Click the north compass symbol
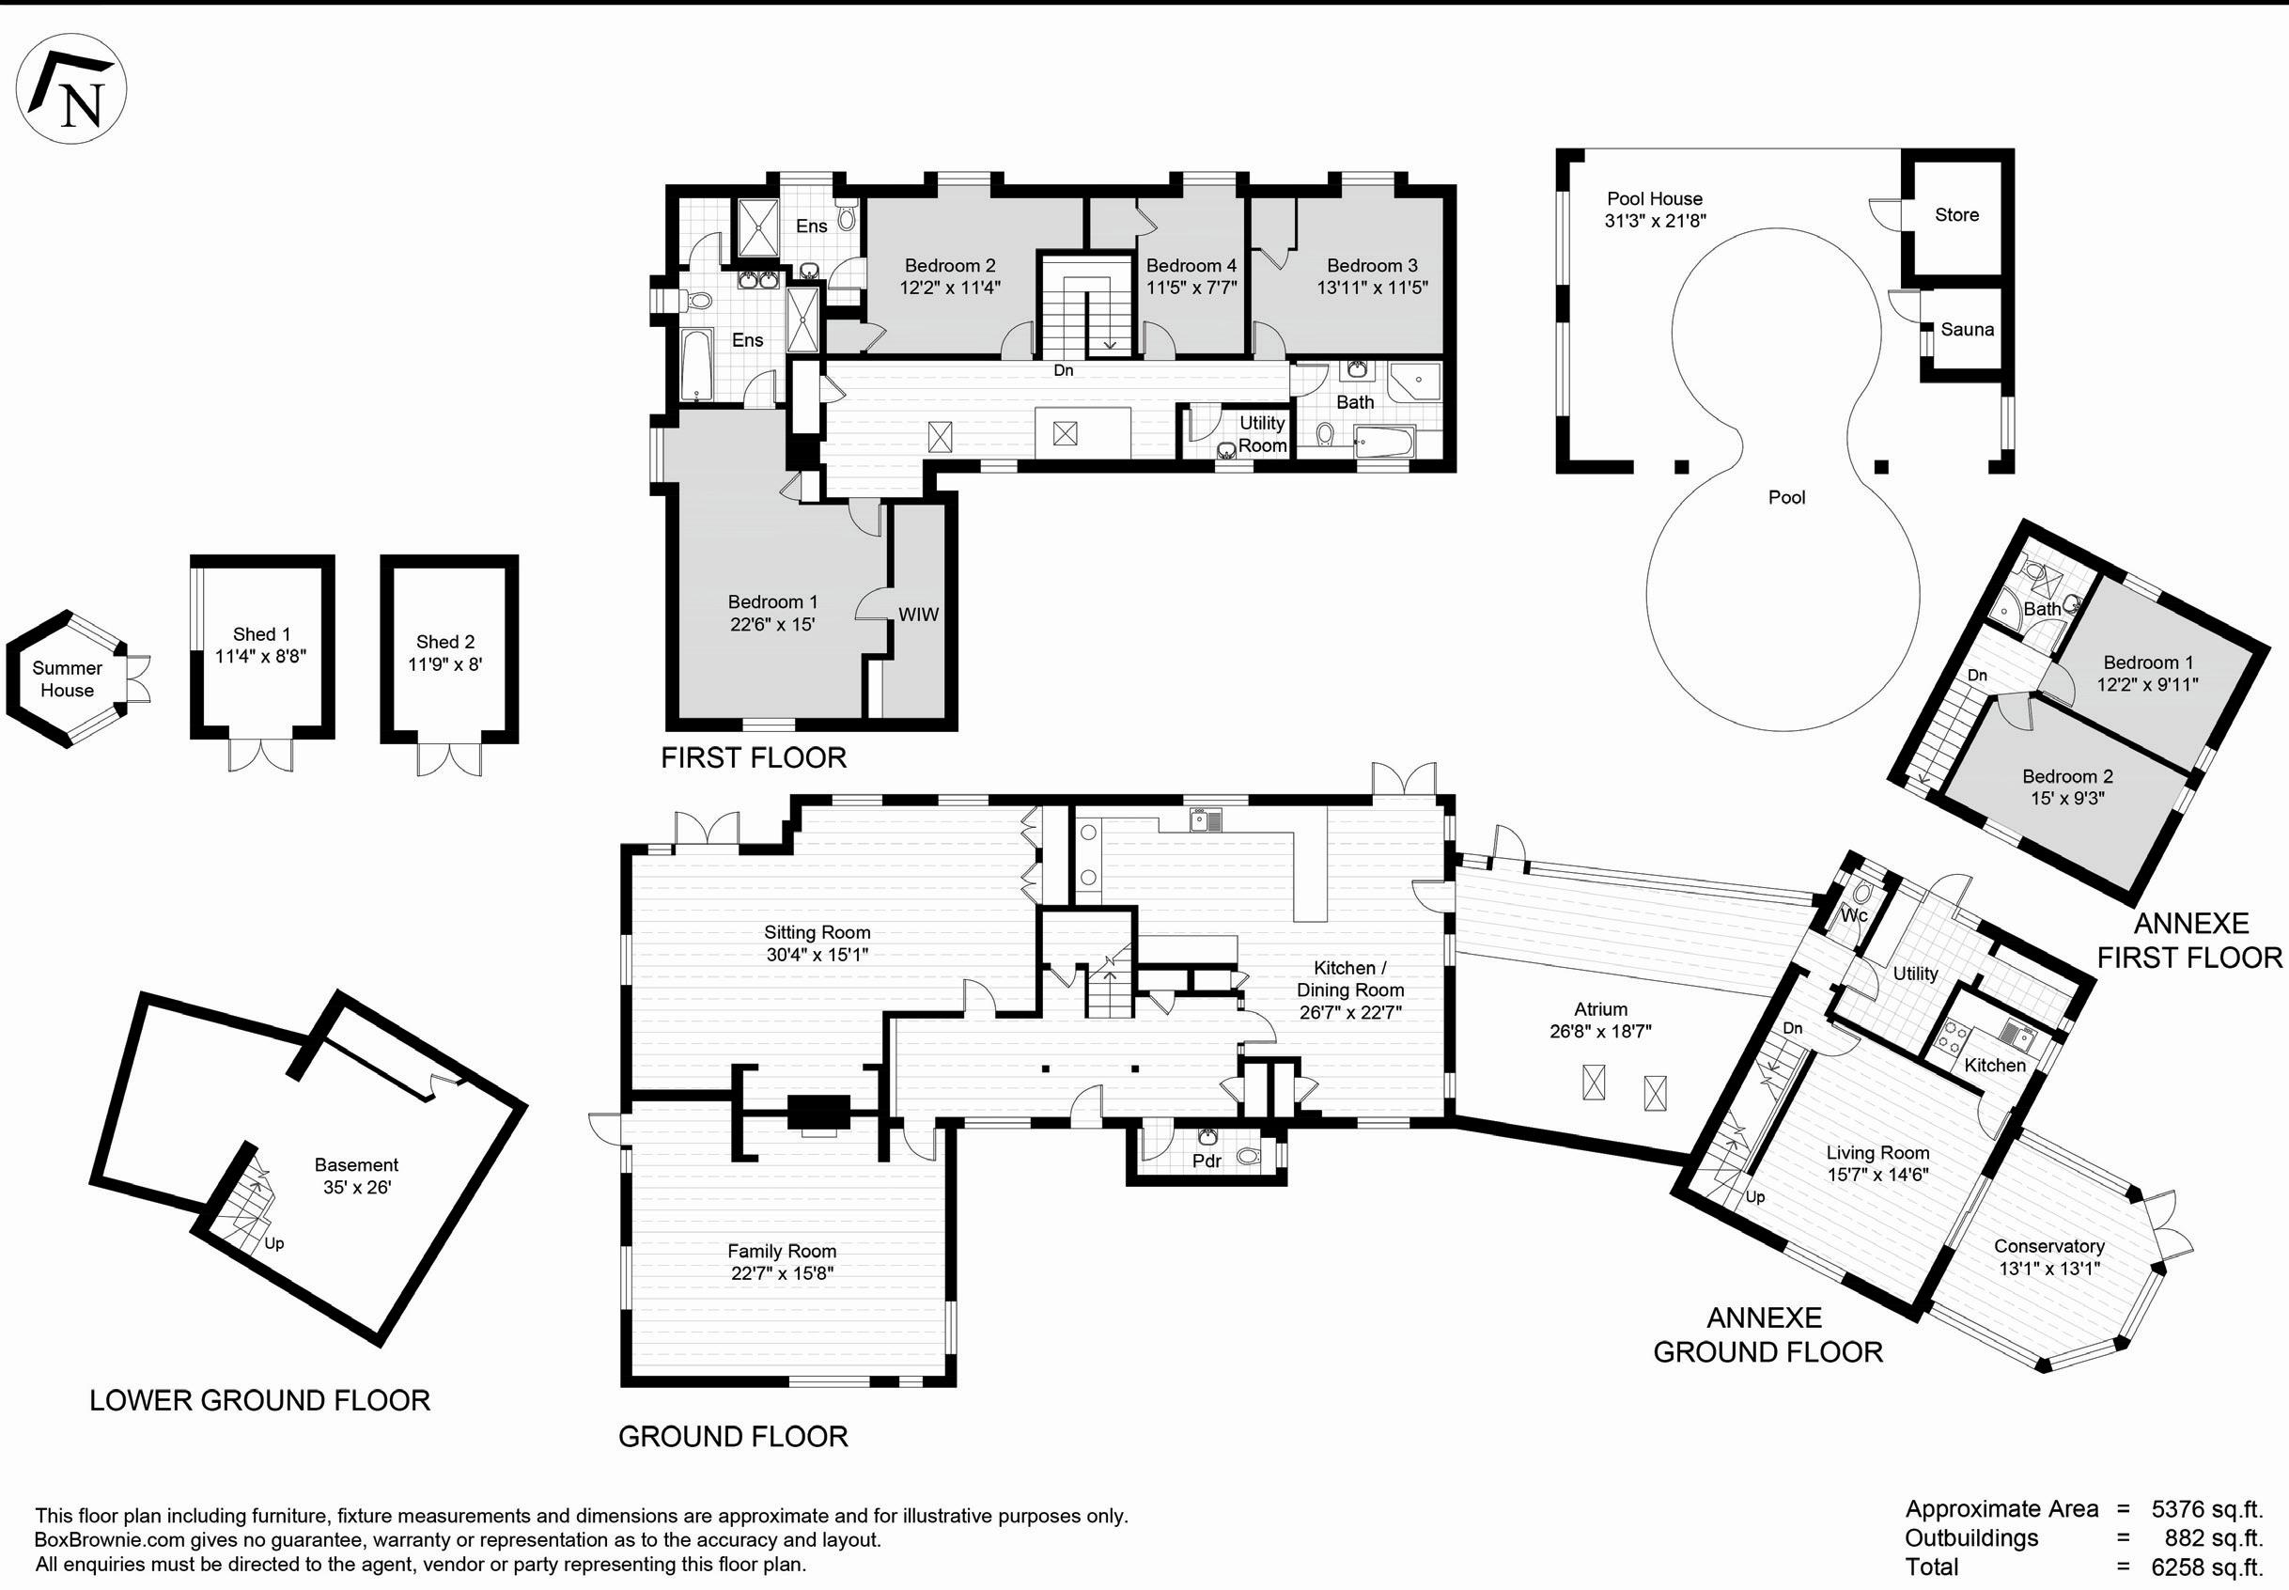click(70, 88)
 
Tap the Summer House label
click(67, 679)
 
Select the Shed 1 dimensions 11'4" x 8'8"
click(261, 657)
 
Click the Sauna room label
click(1968, 329)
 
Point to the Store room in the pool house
click(1956, 214)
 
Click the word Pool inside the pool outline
click(1786, 497)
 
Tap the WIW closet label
click(918, 615)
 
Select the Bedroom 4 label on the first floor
click(1191, 266)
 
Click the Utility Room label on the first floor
click(1262, 434)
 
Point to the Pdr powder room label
click(1207, 1161)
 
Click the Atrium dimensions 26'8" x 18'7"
click(1599, 1032)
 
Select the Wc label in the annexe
click(1853, 915)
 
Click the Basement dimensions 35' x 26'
click(356, 1188)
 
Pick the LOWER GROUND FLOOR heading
click(260, 1401)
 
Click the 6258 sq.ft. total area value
click(2207, 1567)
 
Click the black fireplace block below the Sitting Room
click(818, 1112)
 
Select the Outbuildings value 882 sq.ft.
click(2213, 1538)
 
